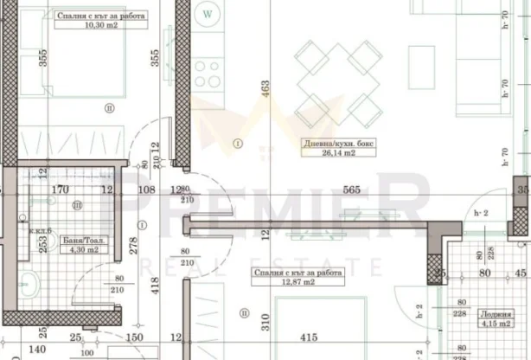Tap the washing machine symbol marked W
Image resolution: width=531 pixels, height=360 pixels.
208,14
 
